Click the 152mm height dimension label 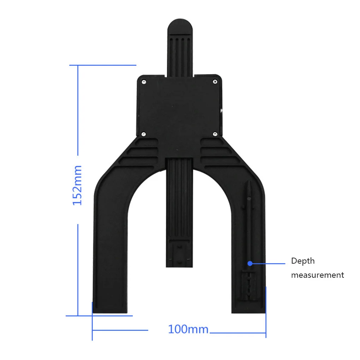[x=77, y=185]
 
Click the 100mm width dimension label [x=188, y=329]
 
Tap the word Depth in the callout [x=303, y=261]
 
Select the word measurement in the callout [x=318, y=275]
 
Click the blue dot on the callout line [x=250, y=264]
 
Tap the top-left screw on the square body [x=144, y=82]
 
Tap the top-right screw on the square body [x=215, y=82]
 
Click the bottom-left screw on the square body [x=144, y=134]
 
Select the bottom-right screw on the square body [x=215, y=134]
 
